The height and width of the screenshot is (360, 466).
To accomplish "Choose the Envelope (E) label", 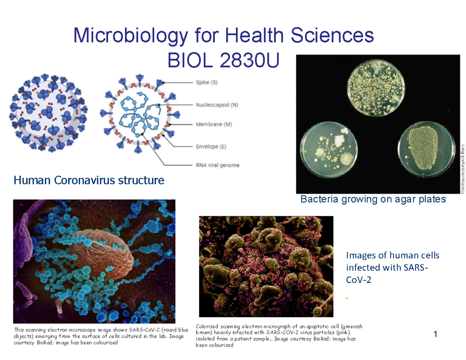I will click(209, 146).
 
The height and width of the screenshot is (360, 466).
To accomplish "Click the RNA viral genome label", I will click(216, 165).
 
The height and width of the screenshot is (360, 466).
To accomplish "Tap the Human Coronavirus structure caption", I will click(89, 180).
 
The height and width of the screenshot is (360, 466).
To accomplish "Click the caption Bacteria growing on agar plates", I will click(373, 200).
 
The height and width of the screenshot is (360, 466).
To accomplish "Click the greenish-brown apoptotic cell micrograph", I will click(266, 266).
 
